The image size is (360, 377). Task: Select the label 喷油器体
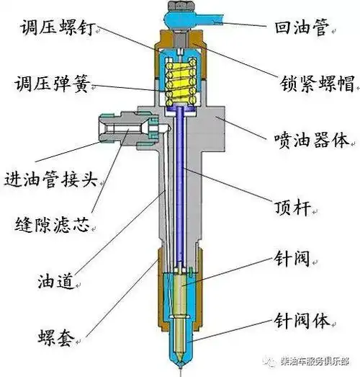309,137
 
